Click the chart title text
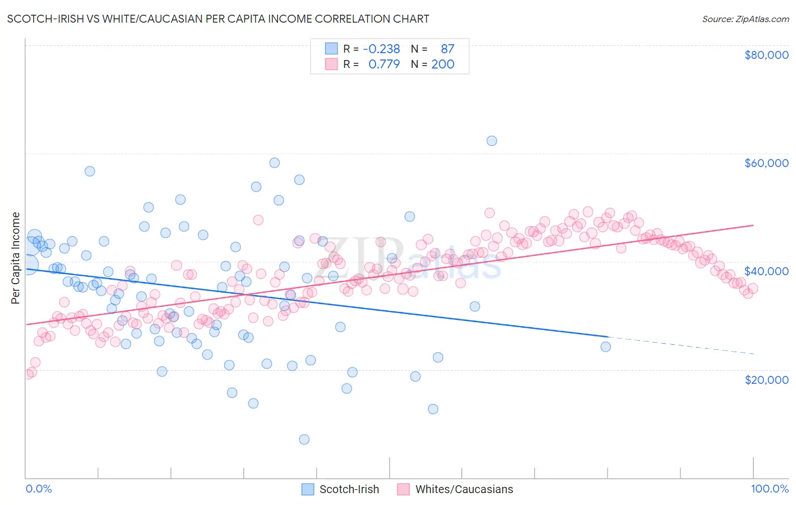pyautogui.click(x=219, y=19)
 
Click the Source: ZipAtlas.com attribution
pyautogui.click(x=745, y=19)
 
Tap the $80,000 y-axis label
pyautogui.click(x=766, y=55)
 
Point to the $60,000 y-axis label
pyautogui.click(x=766, y=163)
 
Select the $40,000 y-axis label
pyautogui.click(x=766, y=271)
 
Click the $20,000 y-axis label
pyautogui.click(x=766, y=379)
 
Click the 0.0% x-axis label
pyautogui.click(x=38, y=489)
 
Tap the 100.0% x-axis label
pyautogui.click(x=769, y=489)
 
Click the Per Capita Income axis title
pyautogui.click(x=16, y=258)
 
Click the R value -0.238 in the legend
pyautogui.click(x=384, y=49)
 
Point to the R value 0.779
pyautogui.click(x=384, y=64)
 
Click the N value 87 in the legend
pyautogui.click(x=447, y=49)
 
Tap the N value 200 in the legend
pyautogui.click(x=443, y=64)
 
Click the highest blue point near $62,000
pyautogui.click(x=491, y=140)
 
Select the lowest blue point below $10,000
pyautogui.click(x=304, y=439)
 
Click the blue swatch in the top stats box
pyautogui.click(x=331, y=49)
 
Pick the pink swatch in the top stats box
pyautogui.click(x=331, y=64)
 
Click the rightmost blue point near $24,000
pyautogui.click(x=606, y=346)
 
